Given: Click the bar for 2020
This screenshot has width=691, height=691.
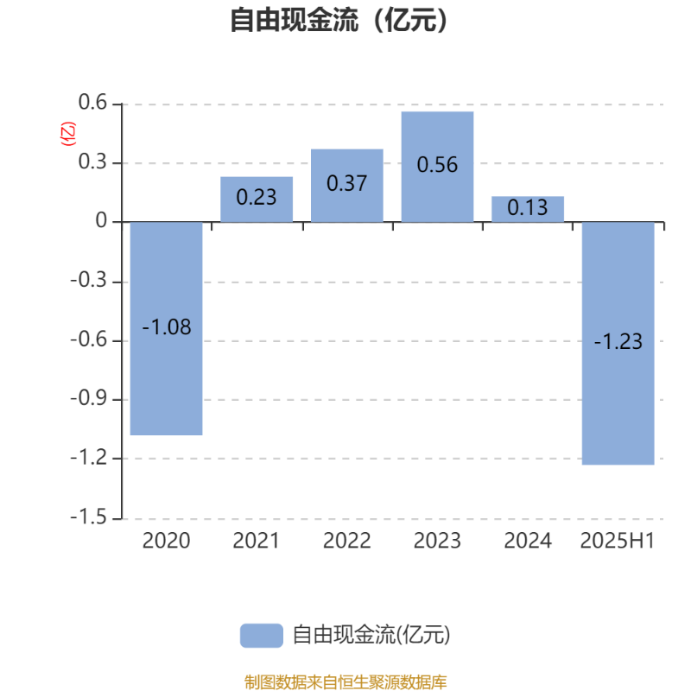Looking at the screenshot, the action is pyautogui.click(x=166, y=328).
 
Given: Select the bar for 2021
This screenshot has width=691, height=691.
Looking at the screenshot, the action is pyautogui.click(x=257, y=200).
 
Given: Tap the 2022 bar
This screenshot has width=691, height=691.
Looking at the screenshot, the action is pyautogui.click(x=347, y=186).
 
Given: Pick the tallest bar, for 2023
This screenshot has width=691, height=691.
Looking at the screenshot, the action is pyautogui.click(x=437, y=167).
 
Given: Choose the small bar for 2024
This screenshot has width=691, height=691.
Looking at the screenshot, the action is pyautogui.click(x=528, y=209).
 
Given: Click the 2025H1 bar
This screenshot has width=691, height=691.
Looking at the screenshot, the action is pyautogui.click(x=618, y=343).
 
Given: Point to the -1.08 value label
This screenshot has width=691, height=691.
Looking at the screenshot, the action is pyautogui.click(x=167, y=327).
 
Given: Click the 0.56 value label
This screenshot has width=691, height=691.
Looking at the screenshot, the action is pyautogui.click(x=437, y=165).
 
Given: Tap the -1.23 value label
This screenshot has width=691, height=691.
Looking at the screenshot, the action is pyautogui.click(x=618, y=341).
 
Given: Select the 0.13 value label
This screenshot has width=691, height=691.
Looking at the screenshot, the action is pyautogui.click(x=528, y=207).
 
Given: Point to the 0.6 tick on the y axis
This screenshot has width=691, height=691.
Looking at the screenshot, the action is pyautogui.click(x=92, y=102).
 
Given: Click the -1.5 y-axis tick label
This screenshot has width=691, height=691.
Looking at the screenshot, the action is pyautogui.click(x=89, y=517).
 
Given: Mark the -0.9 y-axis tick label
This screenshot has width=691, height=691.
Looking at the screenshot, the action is pyautogui.click(x=89, y=398).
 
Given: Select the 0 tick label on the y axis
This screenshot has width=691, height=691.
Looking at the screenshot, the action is pyautogui.click(x=101, y=220).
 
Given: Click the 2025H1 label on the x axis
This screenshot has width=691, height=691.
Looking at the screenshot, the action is pyautogui.click(x=618, y=541).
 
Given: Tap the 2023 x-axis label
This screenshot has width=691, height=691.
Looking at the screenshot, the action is pyautogui.click(x=437, y=541).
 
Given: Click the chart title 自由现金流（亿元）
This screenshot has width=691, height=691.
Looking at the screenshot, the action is pyautogui.click(x=339, y=20).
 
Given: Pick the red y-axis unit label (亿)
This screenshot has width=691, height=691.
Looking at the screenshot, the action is pyautogui.click(x=68, y=134).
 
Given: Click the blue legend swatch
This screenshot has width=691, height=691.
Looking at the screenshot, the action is pyautogui.click(x=262, y=636).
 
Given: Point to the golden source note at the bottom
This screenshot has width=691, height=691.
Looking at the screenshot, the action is pyautogui.click(x=345, y=681).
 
